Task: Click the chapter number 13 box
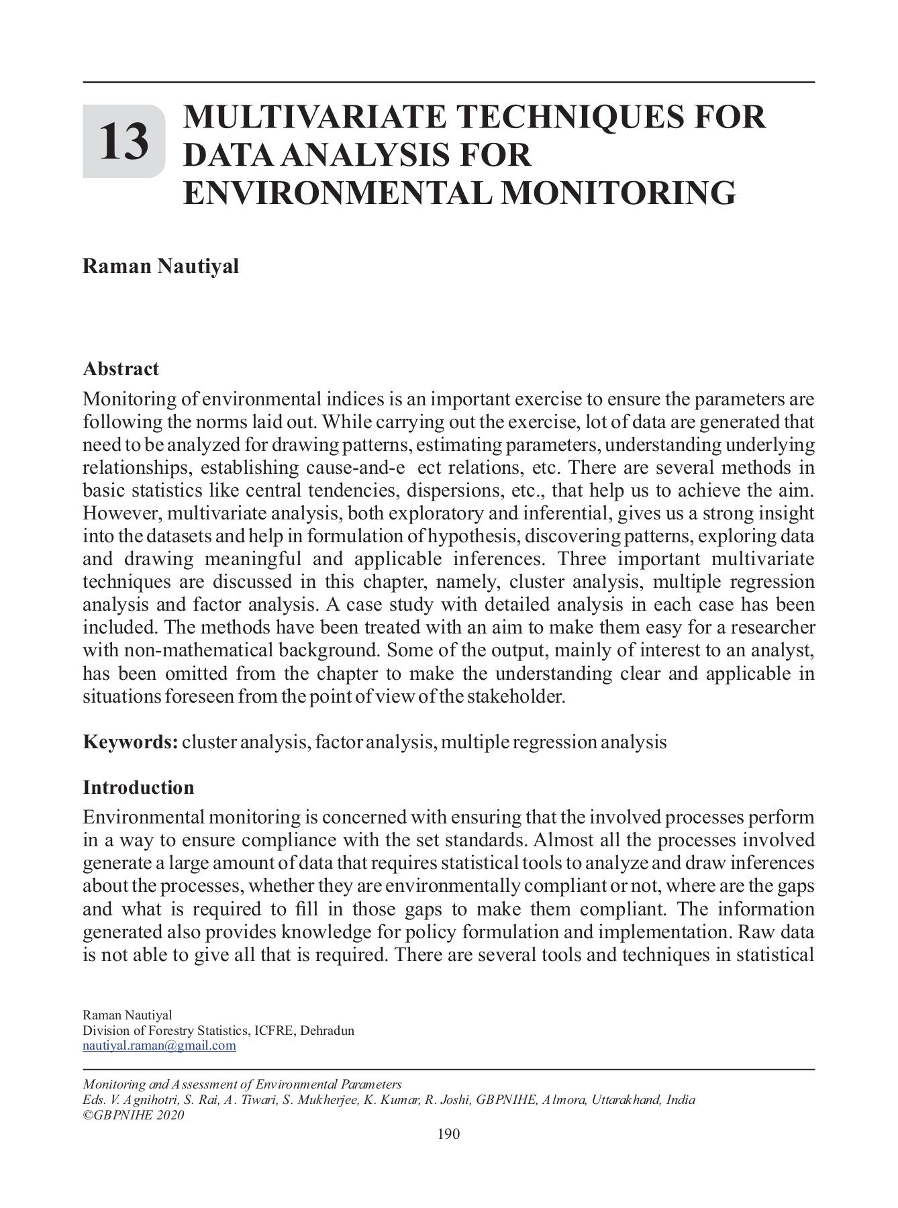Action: [x=123, y=142]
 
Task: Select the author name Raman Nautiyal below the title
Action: [x=160, y=266]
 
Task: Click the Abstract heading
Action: [x=121, y=368]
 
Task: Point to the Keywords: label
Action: [x=130, y=742]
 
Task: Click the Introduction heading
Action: [x=138, y=787]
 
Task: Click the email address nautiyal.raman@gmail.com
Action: [x=159, y=1046]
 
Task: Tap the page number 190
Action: [x=448, y=1134]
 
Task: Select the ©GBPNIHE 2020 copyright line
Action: [x=133, y=1115]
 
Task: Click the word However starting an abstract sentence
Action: [x=121, y=514]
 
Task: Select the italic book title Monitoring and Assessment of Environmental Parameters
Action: [x=242, y=1085]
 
